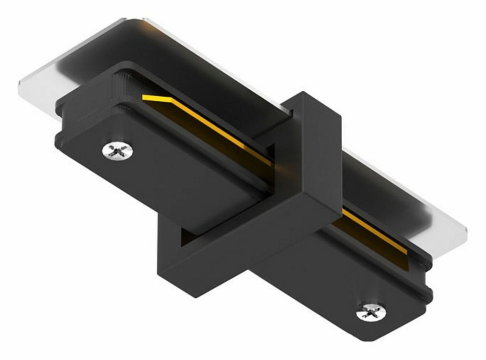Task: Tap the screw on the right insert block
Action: coord(371,312)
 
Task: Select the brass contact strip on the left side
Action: coord(210,128)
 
